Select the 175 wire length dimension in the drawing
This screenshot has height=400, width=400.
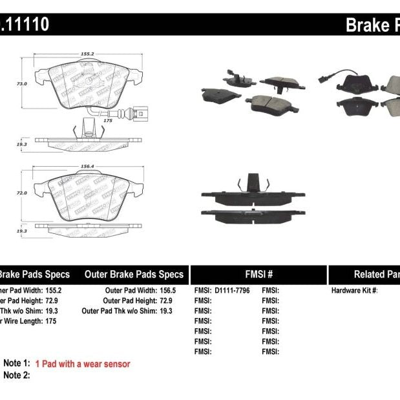[x=108, y=120]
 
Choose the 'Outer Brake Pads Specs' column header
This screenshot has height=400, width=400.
[x=134, y=275]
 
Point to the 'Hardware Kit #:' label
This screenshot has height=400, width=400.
[x=354, y=291]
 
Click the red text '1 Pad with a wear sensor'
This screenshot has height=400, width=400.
[x=83, y=364]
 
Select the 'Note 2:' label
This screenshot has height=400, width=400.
[x=17, y=375]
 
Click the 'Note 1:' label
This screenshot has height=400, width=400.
[x=17, y=364]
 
